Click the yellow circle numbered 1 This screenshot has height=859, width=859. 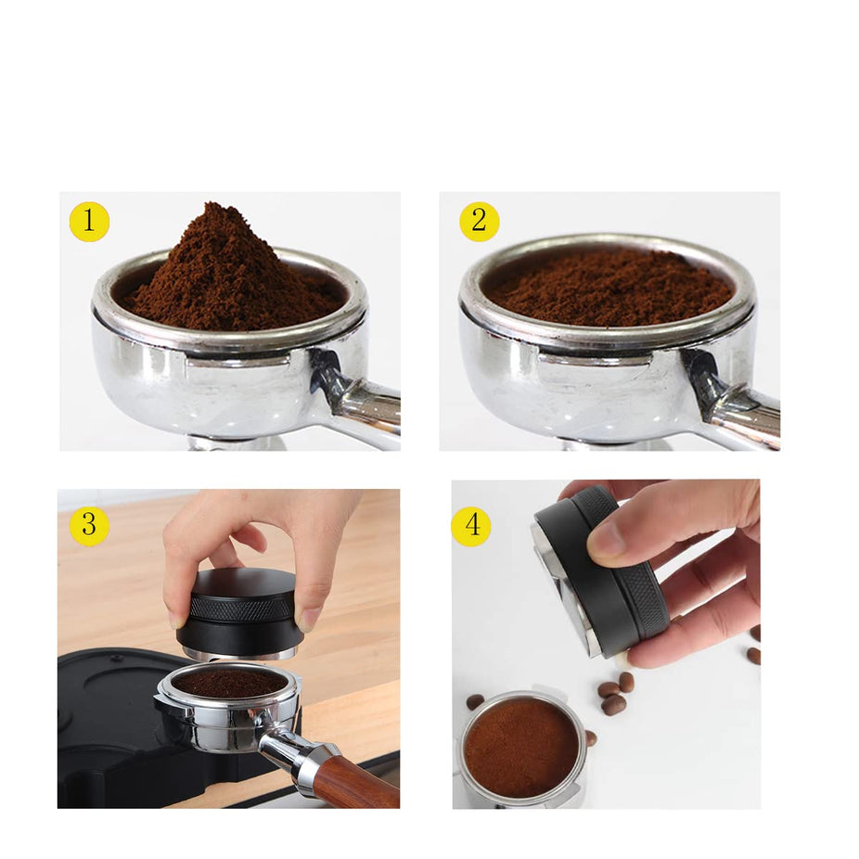pyautogui.click(x=89, y=222)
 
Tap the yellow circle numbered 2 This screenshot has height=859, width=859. pyautogui.click(x=479, y=222)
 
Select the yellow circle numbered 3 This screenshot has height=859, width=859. pyautogui.click(x=89, y=526)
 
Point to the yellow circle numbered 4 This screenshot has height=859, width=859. pyautogui.click(x=471, y=526)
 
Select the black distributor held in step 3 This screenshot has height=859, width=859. pyautogui.click(x=239, y=613)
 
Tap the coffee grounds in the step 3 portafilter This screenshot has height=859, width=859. pyautogui.click(x=229, y=683)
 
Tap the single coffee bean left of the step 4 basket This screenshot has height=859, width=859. pyautogui.click(x=474, y=701)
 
